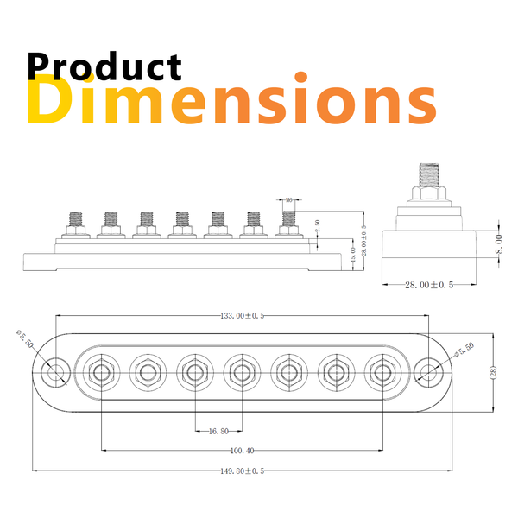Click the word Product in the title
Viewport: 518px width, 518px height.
104,66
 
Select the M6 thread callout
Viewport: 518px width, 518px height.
288,199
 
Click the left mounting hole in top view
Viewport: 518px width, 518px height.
57,373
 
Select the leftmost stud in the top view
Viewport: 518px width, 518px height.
101,373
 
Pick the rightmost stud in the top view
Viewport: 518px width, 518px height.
382,373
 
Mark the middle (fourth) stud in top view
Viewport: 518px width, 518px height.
241,373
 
